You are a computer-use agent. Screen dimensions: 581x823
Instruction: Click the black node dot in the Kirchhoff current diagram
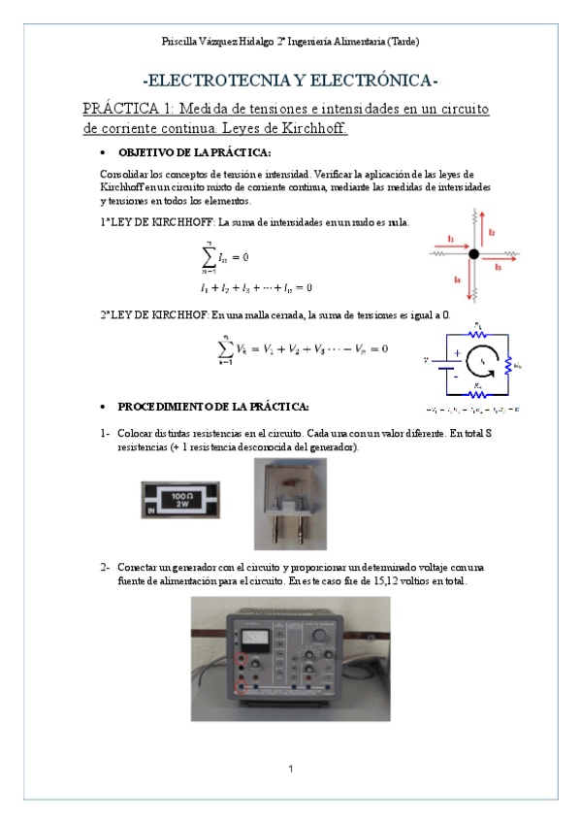[x=474, y=254]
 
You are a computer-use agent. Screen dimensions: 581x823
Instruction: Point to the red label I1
[x=450, y=238]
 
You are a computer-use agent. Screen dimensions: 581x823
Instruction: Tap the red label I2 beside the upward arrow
[x=492, y=232]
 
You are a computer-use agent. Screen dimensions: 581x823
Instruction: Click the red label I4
[x=457, y=280]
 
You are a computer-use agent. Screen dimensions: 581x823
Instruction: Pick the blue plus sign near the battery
[x=457, y=354]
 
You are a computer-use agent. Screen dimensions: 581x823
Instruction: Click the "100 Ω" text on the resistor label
[x=180, y=496]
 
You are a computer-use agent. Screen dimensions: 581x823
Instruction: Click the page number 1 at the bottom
[x=290, y=770]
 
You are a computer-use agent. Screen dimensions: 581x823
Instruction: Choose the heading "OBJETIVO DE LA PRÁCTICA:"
[x=194, y=153]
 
